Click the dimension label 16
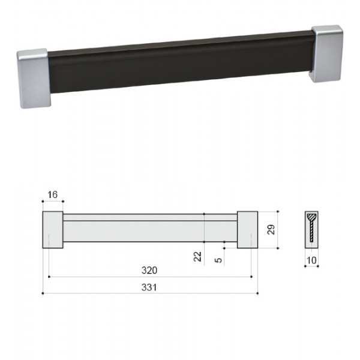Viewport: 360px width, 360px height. tap(52, 194)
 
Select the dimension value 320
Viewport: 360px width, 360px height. tap(149, 270)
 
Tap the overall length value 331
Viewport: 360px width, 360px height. tap(149, 287)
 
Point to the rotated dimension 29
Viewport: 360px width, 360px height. tap(271, 230)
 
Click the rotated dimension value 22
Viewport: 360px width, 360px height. tap(197, 256)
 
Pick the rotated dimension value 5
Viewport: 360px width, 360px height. tap(218, 260)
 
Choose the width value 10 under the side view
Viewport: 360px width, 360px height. tap(311, 260)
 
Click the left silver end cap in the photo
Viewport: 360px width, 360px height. tap(34, 78)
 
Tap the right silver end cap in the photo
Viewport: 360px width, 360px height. tap(327, 53)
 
